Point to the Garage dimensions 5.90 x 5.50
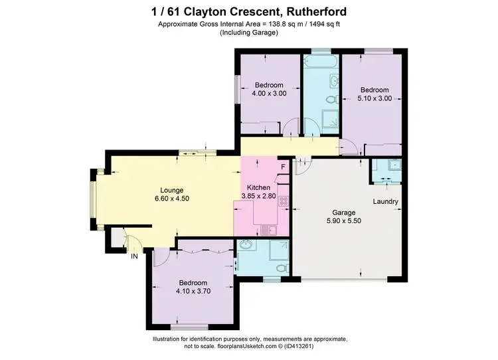pos(334,221)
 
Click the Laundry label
pos(385,201)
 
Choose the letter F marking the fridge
pos(282,166)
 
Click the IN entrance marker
pos(134,256)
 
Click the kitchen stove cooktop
pos(283,201)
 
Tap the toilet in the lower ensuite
pos(282,267)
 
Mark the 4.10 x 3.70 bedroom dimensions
pos(192,291)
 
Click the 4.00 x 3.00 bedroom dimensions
pos(269,94)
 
